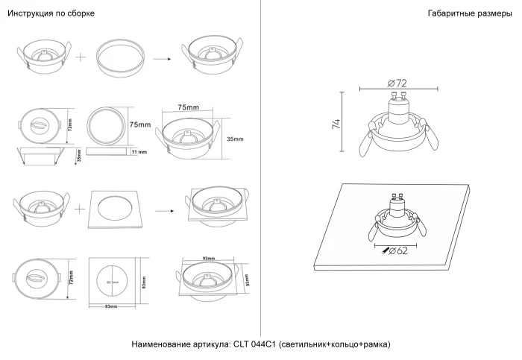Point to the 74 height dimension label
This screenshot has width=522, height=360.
[x=336, y=124]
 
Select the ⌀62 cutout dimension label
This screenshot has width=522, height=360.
[x=399, y=250]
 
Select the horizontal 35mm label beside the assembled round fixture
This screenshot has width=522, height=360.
[x=235, y=139]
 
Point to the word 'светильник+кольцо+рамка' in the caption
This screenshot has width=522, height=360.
[x=335, y=344]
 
